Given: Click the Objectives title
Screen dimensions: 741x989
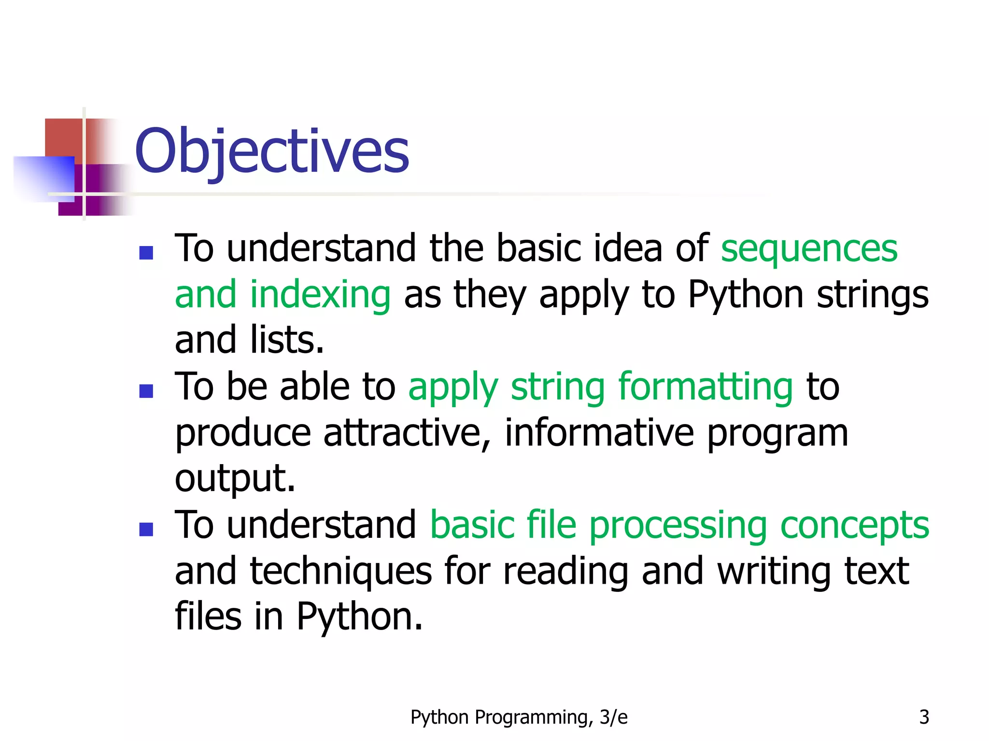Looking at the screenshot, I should (272, 151).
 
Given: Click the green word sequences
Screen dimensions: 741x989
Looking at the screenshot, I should (809, 248).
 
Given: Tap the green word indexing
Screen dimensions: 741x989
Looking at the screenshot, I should (320, 295).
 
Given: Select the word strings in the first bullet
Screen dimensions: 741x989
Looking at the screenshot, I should (872, 295).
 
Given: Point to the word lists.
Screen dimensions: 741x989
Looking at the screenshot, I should (287, 340).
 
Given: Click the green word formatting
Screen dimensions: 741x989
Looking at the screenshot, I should (705, 387).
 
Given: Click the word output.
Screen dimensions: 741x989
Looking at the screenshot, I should (235, 479).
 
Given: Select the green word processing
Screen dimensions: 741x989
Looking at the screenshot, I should (678, 525).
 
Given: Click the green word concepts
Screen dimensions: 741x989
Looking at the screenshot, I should (854, 525).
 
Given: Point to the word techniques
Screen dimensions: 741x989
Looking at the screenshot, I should (340, 572).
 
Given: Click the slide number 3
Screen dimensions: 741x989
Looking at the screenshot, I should (924, 717).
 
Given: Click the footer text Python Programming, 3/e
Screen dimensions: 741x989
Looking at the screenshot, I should (519, 717).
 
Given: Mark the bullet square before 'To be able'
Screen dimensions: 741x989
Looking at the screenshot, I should (146, 391).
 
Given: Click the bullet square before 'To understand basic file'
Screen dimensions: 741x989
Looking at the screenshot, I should (146, 529).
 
